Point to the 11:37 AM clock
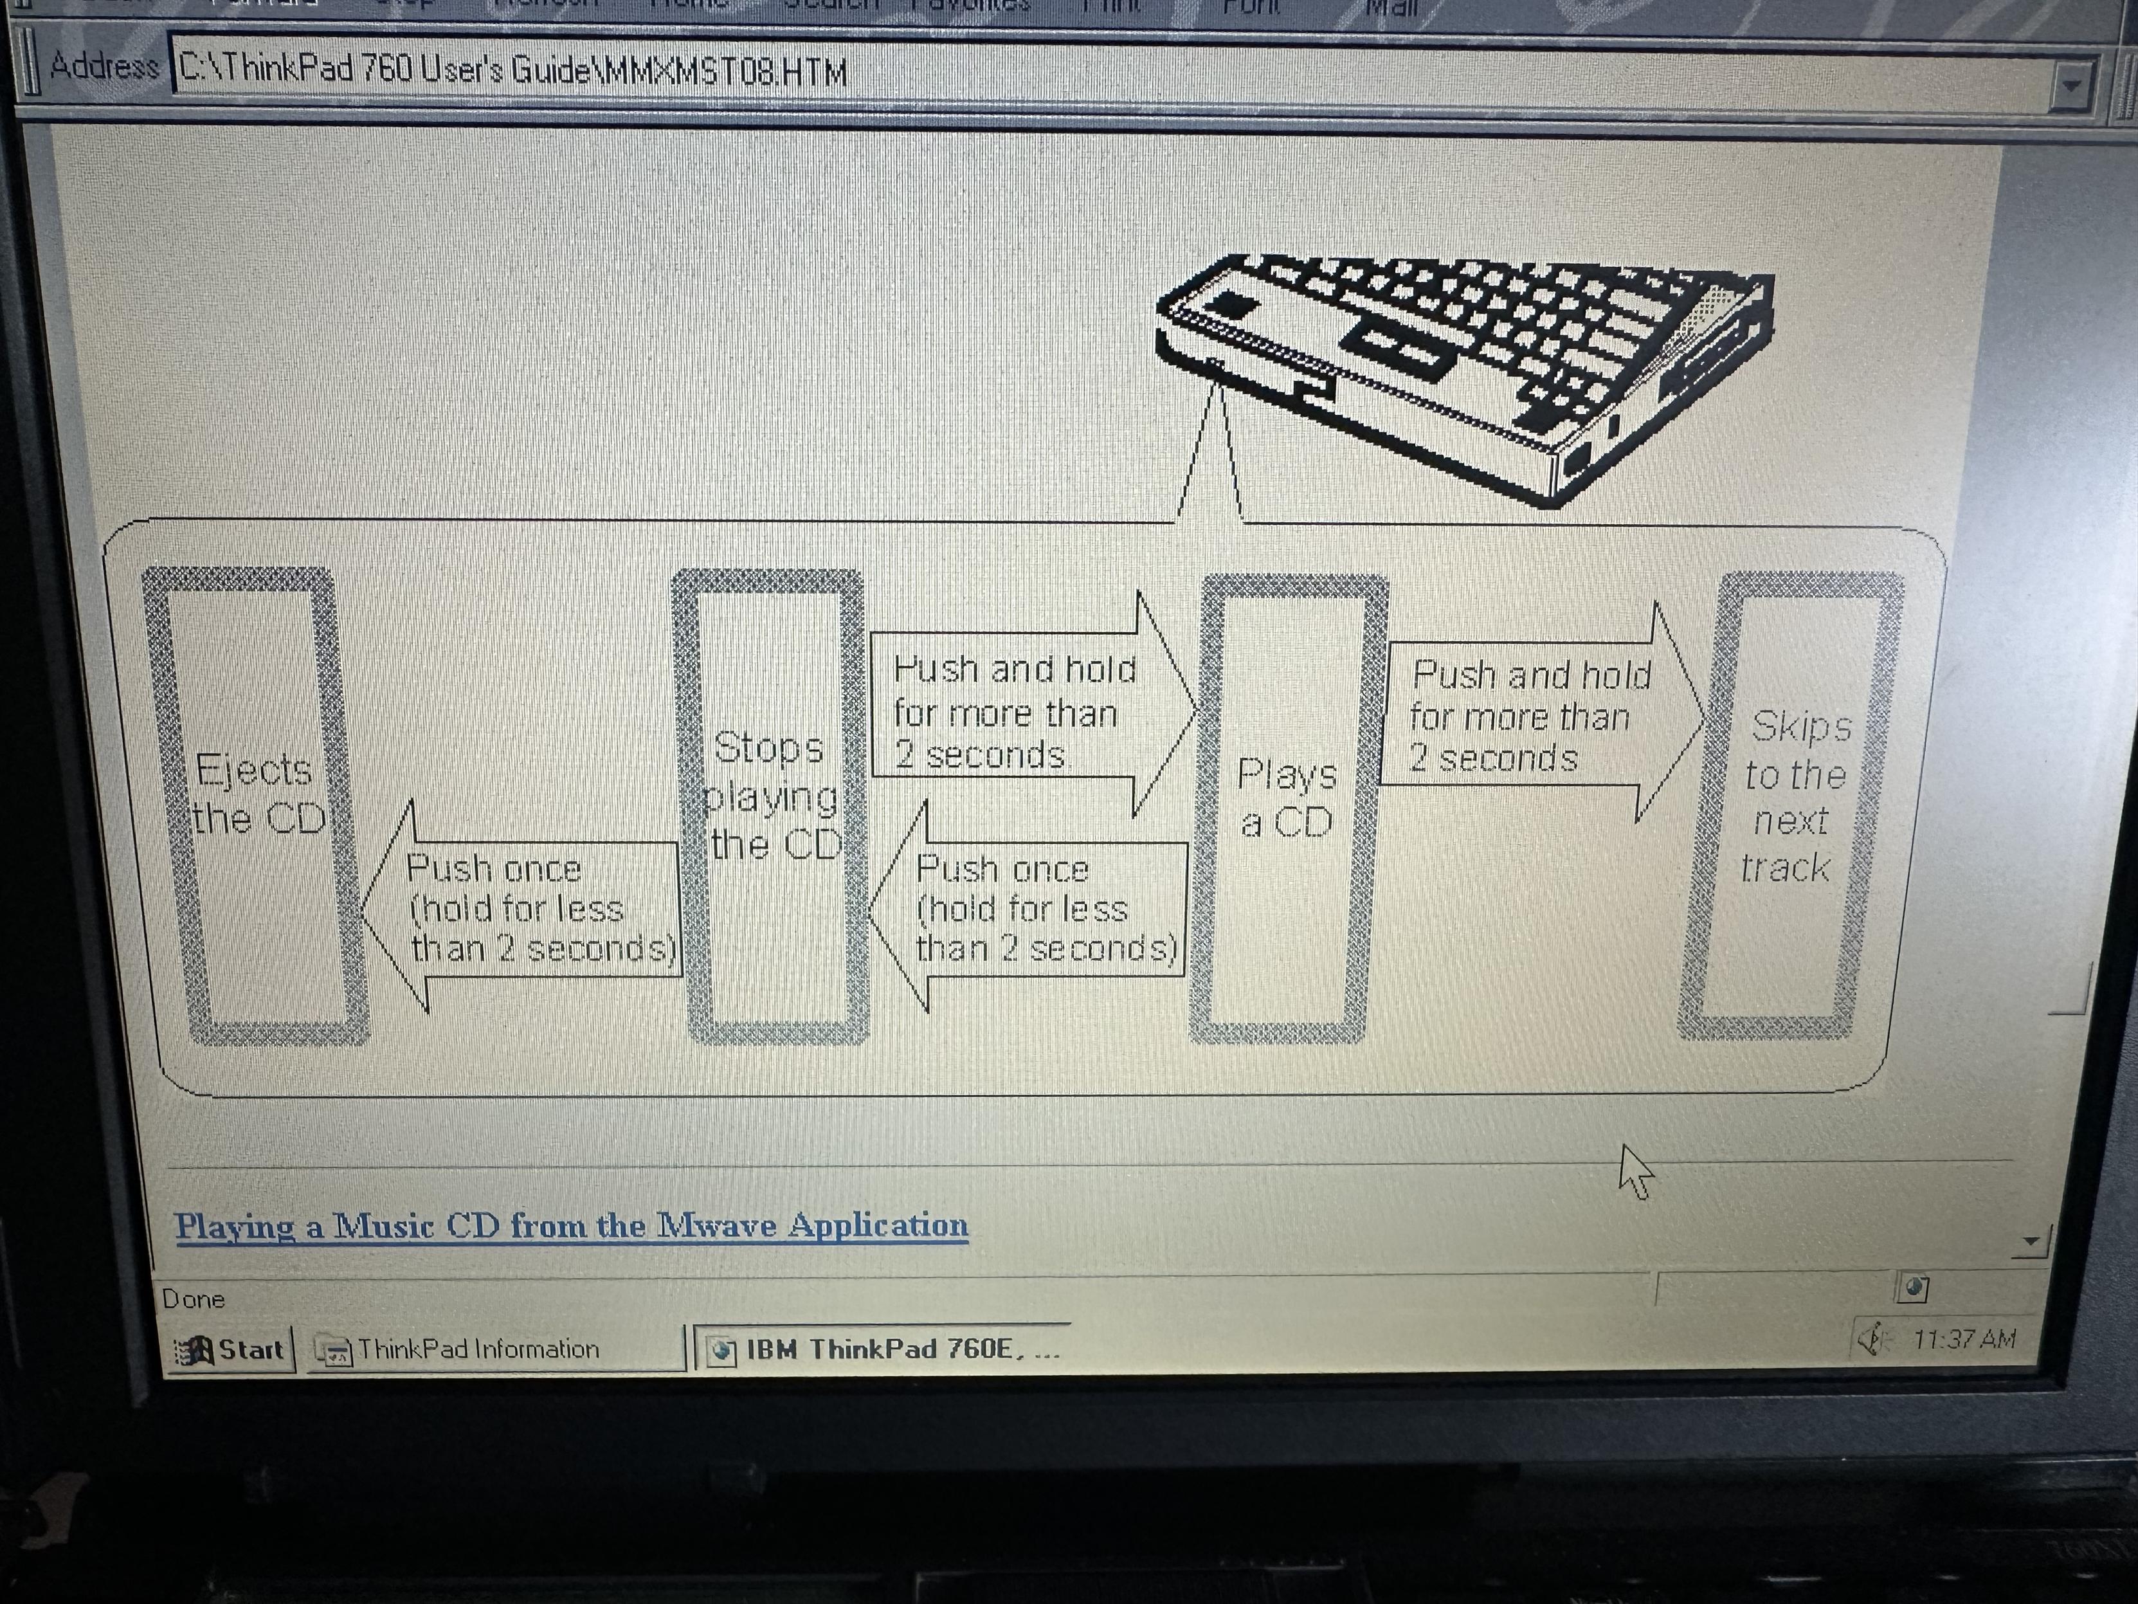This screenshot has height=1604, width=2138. click(x=1963, y=1339)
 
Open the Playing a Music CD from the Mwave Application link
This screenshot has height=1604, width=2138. click(x=571, y=1225)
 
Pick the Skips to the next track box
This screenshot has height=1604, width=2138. click(x=1793, y=803)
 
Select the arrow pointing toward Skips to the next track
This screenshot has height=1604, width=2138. click(x=1537, y=715)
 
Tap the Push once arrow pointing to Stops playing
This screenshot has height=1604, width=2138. click(x=1034, y=909)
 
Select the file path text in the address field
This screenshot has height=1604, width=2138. click(x=512, y=71)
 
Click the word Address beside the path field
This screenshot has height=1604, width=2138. click(x=104, y=67)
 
